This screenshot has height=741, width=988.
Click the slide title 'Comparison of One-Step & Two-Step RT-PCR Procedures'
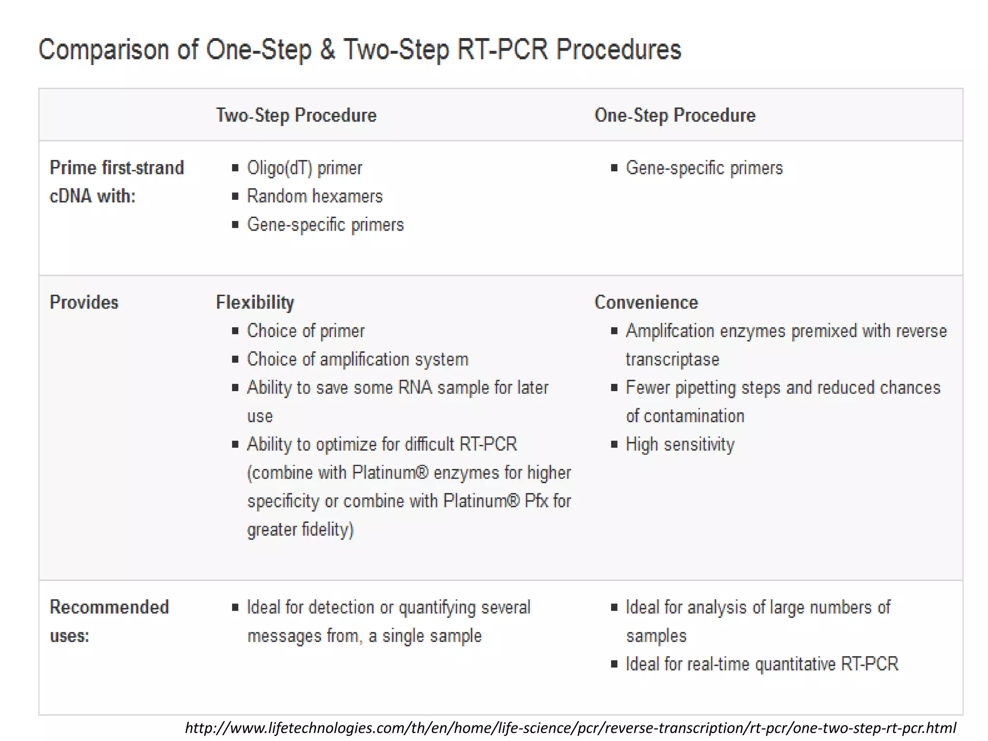pyautogui.click(x=359, y=50)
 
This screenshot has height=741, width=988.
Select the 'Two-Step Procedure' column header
pyautogui.click(x=296, y=115)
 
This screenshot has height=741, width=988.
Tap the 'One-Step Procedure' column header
pyautogui.click(x=674, y=115)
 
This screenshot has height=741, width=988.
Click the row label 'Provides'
pyautogui.click(x=84, y=302)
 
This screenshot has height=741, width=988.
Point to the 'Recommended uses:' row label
pyautogui.click(x=109, y=621)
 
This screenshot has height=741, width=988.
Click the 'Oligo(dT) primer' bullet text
pyautogui.click(x=304, y=168)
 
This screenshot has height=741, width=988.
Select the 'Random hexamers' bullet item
pyautogui.click(x=315, y=196)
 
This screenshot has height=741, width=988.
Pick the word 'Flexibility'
pyautogui.click(x=255, y=302)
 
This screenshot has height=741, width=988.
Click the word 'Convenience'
pyautogui.click(x=646, y=302)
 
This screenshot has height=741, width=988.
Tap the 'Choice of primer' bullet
pyautogui.click(x=305, y=331)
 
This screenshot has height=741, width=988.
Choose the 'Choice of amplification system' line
pyautogui.click(x=357, y=359)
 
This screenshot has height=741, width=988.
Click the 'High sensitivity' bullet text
pyautogui.click(x=680, y=444)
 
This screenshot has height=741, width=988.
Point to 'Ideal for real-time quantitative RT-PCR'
pyautogui.click(x=762, y=664)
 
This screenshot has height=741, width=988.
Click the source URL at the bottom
pyautogui.click(x=570, y=727)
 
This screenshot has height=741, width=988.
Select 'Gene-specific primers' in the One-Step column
pyautogui.click(x=704, y=168)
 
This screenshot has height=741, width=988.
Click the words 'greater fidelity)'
pyautogui.click(x=301, y=530)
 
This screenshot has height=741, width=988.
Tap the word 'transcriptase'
pyautogui.click(x=672, y=359)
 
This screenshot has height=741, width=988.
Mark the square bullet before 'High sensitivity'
pyautogui.click(x=614, y=444)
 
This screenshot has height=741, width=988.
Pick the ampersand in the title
pyautogui.click(x=328, y=50)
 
